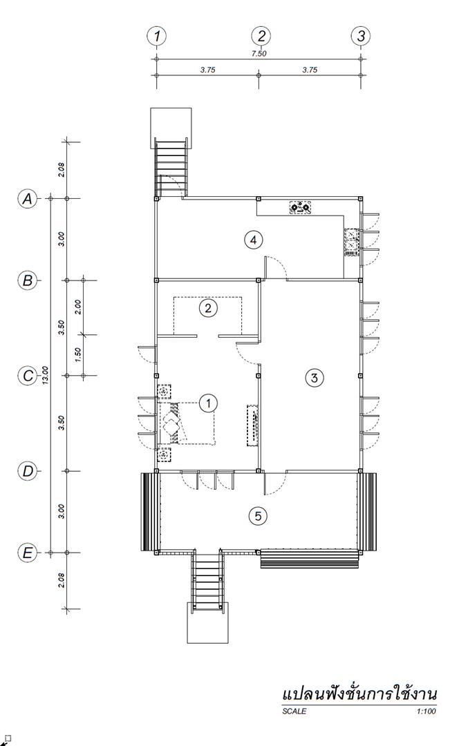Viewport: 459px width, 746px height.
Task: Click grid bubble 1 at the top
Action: (157, 36)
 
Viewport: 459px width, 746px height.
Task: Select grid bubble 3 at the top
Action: (360, 36)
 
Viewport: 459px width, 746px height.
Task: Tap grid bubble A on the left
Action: (28, 198)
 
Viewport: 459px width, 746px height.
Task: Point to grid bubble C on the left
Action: (28, 376)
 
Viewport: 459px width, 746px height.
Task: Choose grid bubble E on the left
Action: (28, 553)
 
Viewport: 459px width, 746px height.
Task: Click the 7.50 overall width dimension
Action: (259, 54)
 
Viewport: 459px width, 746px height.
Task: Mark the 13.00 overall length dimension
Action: (45, 376)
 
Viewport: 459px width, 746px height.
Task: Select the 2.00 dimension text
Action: (79, 307)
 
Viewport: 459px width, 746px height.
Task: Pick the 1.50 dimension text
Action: (79, 354)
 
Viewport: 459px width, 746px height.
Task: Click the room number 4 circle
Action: (253, 240)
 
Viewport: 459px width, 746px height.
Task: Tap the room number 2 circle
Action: (208, 308)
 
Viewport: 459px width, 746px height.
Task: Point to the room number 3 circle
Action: (314, 378)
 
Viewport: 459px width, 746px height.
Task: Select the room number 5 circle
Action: (258, 516)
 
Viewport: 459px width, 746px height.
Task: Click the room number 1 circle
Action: (208, 403)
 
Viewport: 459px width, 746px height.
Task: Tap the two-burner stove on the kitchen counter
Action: (301, 207)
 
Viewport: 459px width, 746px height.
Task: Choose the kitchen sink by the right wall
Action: (351, 242)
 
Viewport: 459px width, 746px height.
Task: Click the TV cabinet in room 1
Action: (252, 425)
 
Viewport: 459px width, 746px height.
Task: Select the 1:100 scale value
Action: (426, 711)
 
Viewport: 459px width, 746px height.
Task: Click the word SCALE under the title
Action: (294, 711)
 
